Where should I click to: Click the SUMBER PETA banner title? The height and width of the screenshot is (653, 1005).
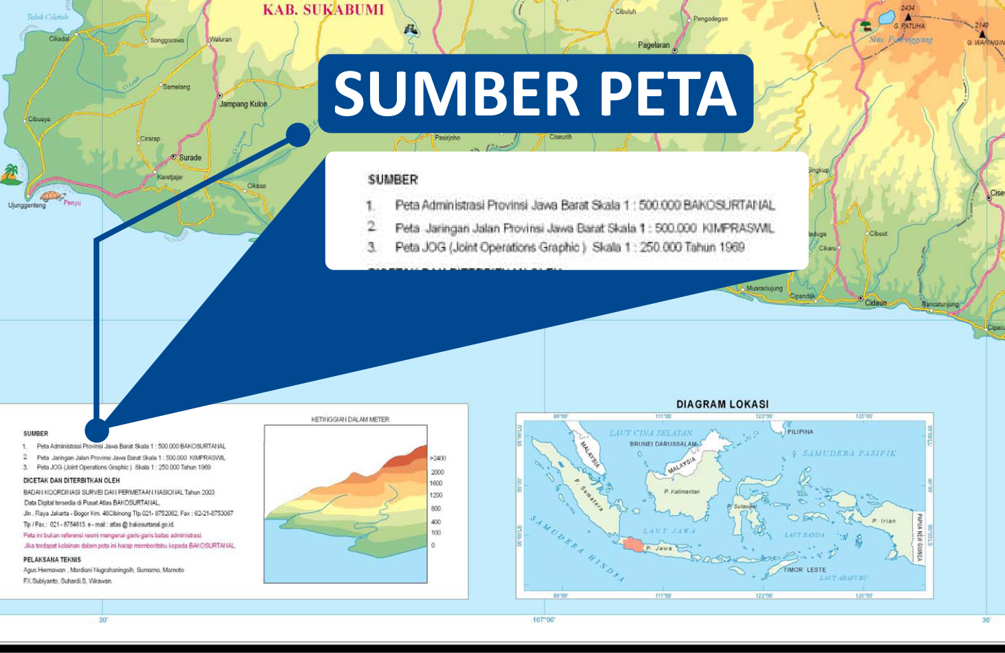pyautogui.click(x=535, y=93)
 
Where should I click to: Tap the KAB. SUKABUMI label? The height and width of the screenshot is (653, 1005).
pyautogui.click(x=323, y=10)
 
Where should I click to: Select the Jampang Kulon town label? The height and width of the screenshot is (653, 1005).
pyautogui.click(x=243, y=104)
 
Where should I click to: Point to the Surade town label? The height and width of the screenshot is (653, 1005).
pyautogui.click(x=190, y=157)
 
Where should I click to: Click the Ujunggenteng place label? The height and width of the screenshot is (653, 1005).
pyautogui.click(x=27, y=205)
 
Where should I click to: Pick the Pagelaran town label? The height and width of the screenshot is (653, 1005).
pyautogui.click(x=653, y=45)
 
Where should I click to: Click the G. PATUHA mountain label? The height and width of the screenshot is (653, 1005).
pyautogui.click(x=909, y=26)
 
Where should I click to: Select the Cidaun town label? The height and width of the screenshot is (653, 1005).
pyautogui.click(x=876, y=302)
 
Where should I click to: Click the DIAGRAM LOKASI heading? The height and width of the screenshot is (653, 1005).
pyautogui.click(x=722, y=404)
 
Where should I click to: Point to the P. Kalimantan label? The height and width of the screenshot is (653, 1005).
pyautogui.click(x=682, y=491)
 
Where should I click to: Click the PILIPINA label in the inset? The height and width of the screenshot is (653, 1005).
pyautogui.click(x=800, y=432)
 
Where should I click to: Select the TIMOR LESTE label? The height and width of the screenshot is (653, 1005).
pyautogui.click(x=806, y=570)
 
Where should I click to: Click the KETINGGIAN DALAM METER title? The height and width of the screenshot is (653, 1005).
pyautogui.click(x=350, y=419)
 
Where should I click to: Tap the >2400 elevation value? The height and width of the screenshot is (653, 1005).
pyautogui.click(x=438, y=458)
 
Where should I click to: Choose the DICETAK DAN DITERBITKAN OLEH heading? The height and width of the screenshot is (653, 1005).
pyautogui.click(x=72, y=480)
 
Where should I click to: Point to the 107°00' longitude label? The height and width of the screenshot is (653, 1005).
pyautogui.click(x=544, y=620)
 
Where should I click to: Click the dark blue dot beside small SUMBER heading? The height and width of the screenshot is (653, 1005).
pyautogui.click(x=97, y=430)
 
